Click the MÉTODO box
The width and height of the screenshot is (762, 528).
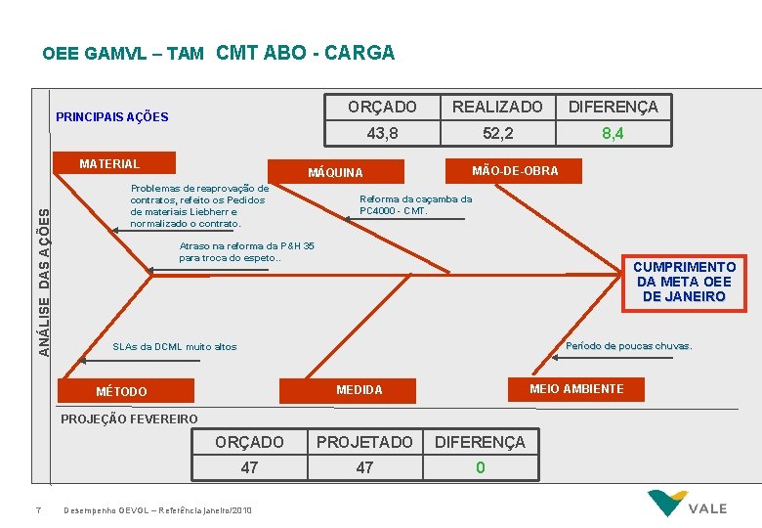(121, 392)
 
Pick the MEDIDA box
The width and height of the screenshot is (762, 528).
(360, 390)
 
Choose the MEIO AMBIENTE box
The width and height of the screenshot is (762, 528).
(576, 389)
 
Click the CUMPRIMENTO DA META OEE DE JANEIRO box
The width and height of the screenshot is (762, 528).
(684, 282)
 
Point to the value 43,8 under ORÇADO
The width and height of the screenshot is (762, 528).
(382, 133)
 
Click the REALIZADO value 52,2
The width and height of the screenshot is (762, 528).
(497, 133)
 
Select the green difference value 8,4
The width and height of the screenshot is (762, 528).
(613, 133)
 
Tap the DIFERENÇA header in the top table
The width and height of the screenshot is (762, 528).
(614, 107)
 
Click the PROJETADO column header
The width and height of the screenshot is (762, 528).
(364, 442)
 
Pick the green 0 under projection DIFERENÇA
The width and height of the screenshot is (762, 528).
(480, 467)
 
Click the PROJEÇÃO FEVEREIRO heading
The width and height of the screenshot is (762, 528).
(129, 419)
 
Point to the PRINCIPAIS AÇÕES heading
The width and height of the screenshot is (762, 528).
(112, 117)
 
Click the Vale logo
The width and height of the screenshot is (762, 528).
(690, 505)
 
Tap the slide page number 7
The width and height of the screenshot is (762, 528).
(37, 509)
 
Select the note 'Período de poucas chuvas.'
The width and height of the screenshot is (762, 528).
(628, 346)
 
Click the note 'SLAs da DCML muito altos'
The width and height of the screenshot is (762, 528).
(175, 347)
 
